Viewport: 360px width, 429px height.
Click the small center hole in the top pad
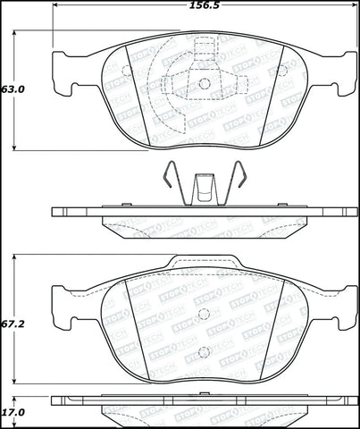[x=204, y=84]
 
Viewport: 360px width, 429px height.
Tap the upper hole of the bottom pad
[x=203, y=314]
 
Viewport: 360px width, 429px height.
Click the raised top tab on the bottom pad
[x=204, y=263]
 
